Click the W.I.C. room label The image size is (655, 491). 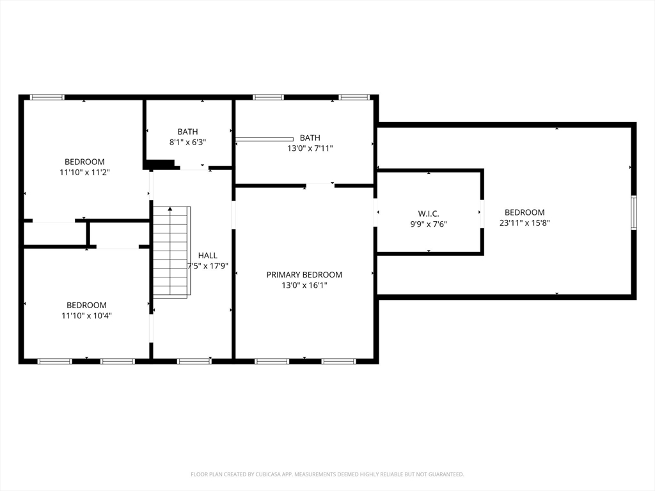click(428, 214)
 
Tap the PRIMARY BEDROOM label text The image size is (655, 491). click(304, 275)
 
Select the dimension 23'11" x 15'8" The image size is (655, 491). click(525, 222)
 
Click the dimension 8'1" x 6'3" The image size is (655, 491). click(187, 142)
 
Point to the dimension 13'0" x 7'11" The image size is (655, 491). click(310, 148)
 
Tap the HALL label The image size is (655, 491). click(208, 256)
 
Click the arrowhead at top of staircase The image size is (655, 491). click(170, 209)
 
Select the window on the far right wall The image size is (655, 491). click(634, 212)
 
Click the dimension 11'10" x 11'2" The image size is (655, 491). click(84, 172)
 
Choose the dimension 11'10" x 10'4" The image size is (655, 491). click(86, 315)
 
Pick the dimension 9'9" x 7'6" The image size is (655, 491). click(428, 224)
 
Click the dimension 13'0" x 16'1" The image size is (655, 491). click(304, 285)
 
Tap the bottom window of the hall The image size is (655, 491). click(194, 361)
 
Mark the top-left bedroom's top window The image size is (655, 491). click(47, 97)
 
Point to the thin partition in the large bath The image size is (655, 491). click(264, 139)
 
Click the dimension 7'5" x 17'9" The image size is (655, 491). click(208, 266)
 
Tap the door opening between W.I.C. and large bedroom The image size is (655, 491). click(482, 214)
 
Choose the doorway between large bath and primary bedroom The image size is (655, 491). click(320, 185)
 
